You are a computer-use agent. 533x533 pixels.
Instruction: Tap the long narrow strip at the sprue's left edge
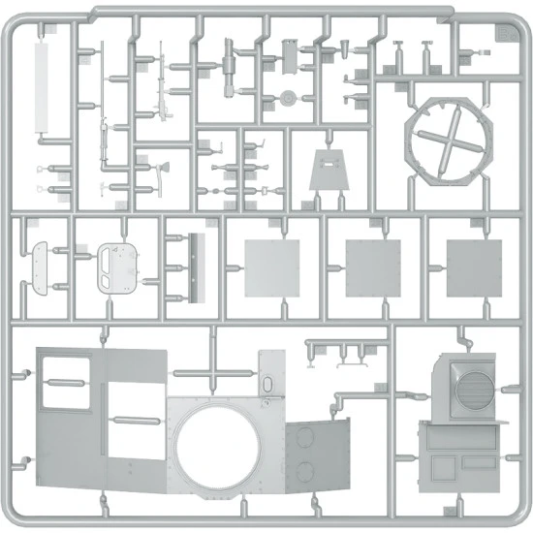point(44,87)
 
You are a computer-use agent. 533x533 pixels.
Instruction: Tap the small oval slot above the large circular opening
point(266,386)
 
